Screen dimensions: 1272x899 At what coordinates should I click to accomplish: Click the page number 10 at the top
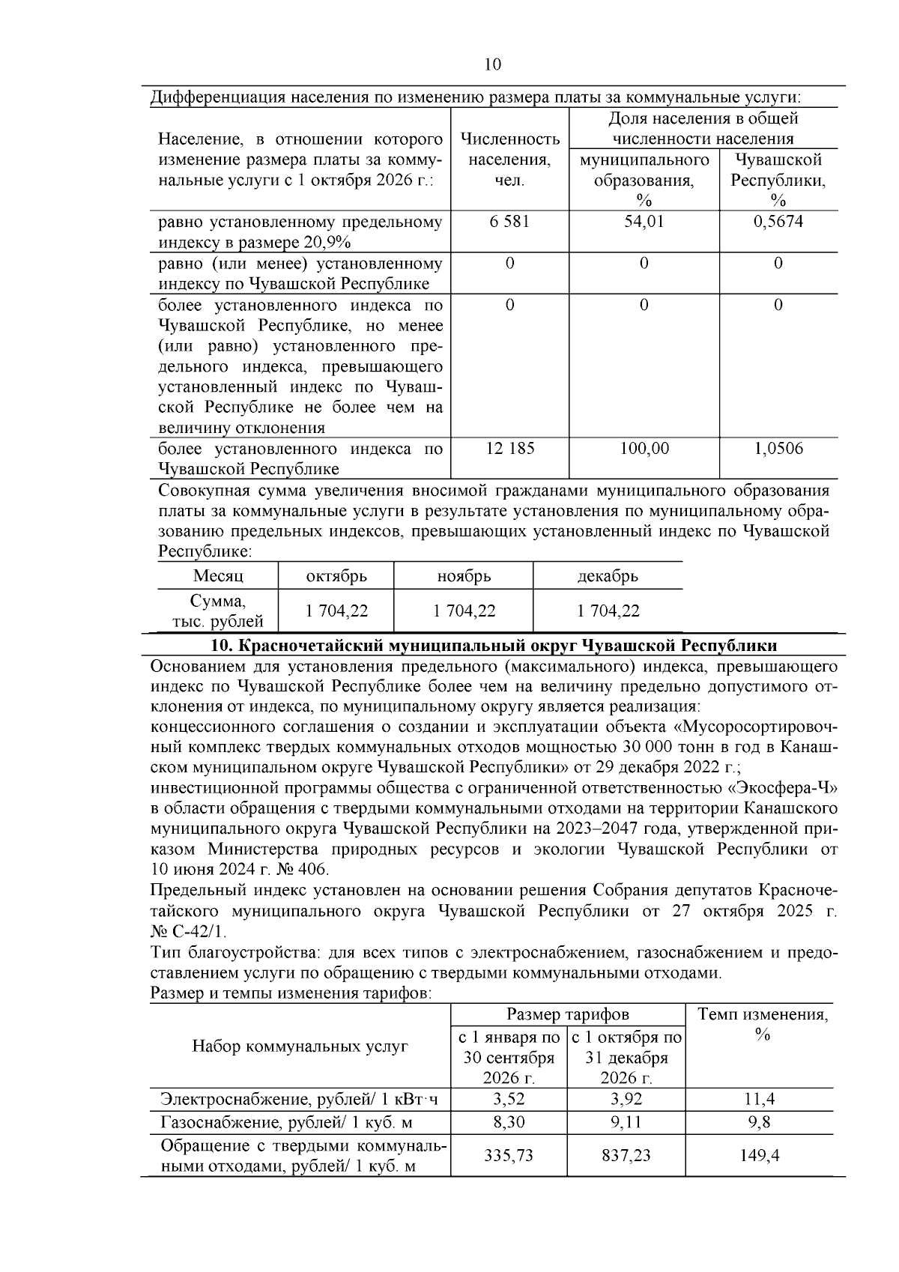coord(492,64)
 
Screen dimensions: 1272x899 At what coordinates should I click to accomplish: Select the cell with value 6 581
coord(509,222)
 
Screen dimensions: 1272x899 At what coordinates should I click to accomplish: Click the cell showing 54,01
coord(644,222)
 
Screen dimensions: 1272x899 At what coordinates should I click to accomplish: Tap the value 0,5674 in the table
coord(778,222)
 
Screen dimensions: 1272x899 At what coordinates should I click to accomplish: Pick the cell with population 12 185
coord(509,448)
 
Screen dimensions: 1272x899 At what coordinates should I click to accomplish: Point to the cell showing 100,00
coord(644,448)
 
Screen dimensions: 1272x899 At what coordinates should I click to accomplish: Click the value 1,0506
coord(778,448)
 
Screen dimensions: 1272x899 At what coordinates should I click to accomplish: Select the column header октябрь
coord(336,576)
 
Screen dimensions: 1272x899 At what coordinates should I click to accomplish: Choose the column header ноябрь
coord(464,576)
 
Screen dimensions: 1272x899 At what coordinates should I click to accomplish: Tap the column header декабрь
coord(608,576)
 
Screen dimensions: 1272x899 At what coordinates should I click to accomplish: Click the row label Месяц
coord(218,576)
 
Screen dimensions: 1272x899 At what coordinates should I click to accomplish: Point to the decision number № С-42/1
coord(187,933)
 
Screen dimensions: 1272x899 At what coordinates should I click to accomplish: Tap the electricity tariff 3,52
coord(509,1099)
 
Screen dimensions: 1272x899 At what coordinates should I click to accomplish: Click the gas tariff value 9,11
coord(626,1122)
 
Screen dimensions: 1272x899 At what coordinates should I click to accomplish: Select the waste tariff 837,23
coord(626,1155)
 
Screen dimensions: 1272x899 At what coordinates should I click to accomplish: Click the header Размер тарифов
coord(568,1014)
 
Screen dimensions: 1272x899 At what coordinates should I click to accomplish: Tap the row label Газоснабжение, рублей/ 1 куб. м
coord(287,1122)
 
